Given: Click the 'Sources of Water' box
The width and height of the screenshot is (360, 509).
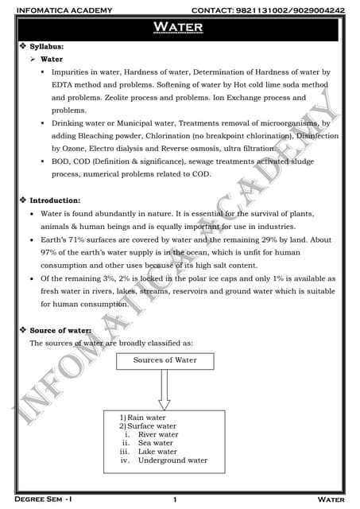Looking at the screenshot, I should click(x=165, y=361).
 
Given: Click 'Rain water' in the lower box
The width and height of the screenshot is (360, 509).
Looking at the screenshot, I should click(x=147, y=418).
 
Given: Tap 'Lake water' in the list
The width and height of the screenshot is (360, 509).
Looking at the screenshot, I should click(x=157, y=452).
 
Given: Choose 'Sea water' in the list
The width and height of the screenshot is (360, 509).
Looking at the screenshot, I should click(x=155, y=443).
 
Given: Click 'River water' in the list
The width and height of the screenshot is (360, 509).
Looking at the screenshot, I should click(x=158, y=435).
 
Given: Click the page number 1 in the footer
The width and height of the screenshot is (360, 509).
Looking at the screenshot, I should click(x=174, y=499).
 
